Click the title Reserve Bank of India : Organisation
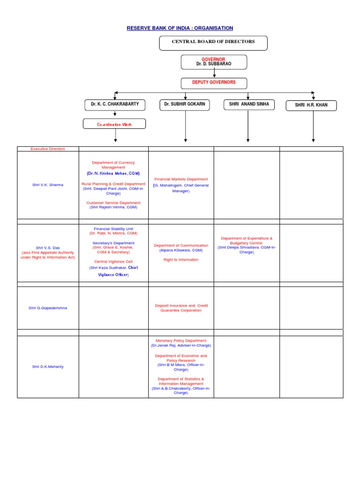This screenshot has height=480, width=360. click(180, 28)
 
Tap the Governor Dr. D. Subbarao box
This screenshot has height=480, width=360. click(214, 62)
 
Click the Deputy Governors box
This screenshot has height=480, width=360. click(214, 83)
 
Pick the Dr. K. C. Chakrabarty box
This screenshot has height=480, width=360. click(115, 105)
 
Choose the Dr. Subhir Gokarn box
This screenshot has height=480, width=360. click(186, 105)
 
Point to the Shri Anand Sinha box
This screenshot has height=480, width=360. click(248, 105)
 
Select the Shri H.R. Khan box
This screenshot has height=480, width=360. click(311, 105)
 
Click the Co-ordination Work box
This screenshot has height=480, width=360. click(114, 125)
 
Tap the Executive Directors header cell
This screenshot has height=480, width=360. click(48, 149)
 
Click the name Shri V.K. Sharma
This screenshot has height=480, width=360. click(48, 185)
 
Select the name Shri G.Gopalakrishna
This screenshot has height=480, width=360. click(48, 307)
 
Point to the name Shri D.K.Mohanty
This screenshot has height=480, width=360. click(48, 367)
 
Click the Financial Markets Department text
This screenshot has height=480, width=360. click(181, 179)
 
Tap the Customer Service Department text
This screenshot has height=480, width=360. click(113, 203)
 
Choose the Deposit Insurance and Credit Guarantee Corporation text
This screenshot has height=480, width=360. click(181, 307)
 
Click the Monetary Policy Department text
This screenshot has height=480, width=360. click(181, 341)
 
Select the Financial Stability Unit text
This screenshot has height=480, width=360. click(113, 228)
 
